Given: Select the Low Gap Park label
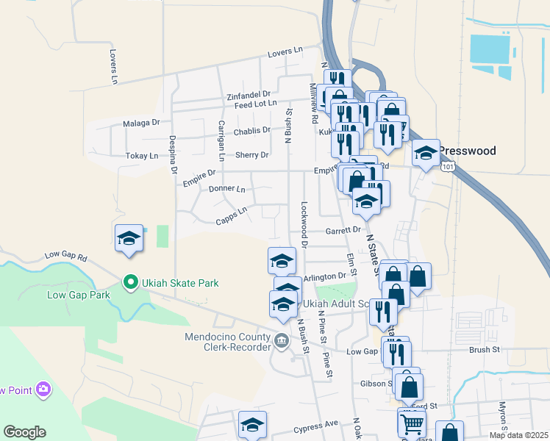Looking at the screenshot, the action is (78, 295).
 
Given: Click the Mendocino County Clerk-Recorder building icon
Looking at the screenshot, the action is (282, 341).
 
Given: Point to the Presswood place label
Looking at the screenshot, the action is (468, 151).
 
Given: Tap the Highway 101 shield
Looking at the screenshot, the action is (447, 168).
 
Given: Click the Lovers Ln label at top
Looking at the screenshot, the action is (285, 52).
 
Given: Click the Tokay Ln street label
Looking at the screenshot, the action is (142, 156).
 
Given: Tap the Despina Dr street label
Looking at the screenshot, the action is (174, 155).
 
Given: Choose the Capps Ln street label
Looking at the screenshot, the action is (231, 215).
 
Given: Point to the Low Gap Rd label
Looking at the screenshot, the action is (65, 257).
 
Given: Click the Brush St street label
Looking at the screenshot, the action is (485, 351).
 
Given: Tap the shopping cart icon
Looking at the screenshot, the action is (412, 422).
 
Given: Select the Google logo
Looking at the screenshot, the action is (24, 432).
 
